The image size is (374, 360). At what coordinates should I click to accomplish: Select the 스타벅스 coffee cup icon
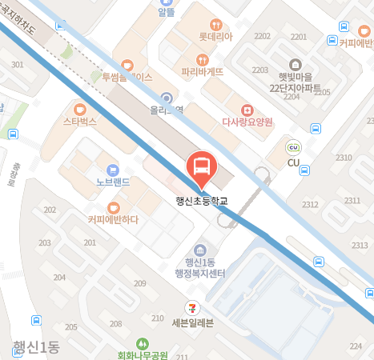(78, 109)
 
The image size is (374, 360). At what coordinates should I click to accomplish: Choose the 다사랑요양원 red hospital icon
(247, 109)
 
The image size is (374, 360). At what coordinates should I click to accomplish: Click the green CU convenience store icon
(293, 147)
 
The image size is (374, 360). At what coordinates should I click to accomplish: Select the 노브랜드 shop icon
(112, 169)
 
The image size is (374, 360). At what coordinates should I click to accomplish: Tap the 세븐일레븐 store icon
(192, 307)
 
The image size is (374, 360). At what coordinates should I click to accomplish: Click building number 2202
(262, 37)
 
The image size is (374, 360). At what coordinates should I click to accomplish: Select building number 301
(18, 64)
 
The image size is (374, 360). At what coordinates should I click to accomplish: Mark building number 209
(139, 284)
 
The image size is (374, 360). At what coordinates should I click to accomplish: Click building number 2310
(344, 157)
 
